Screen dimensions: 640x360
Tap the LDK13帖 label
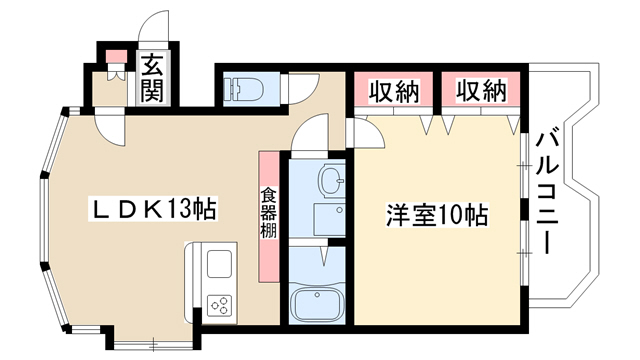click(153, 209)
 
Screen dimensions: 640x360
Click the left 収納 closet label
click(394, 91)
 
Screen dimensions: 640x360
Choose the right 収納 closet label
click(481, 91)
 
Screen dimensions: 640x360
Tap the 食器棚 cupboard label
click(269, 213)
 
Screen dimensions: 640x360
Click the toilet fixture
click(246, 89)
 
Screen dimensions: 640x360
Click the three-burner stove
click(219, 305)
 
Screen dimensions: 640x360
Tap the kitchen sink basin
click(219, 264)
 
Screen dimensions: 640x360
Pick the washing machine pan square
click(329, 219)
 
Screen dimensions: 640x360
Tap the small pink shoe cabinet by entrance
click(116, 56)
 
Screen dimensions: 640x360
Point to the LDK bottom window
click(153, 345)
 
